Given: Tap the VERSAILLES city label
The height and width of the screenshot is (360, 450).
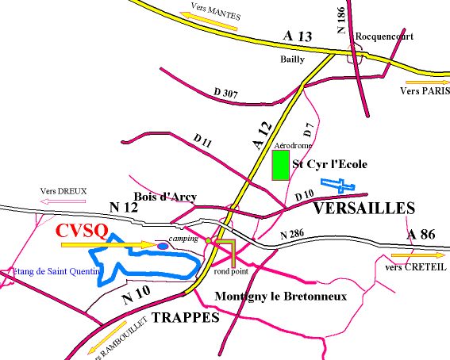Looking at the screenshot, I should click(363, 209).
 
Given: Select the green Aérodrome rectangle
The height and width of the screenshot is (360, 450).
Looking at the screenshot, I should click(280, 166).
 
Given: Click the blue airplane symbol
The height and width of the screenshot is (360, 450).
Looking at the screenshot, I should click(339, 186).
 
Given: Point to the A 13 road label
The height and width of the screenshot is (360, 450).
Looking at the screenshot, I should click(299, 36).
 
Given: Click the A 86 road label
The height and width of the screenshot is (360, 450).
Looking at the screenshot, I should click(422, 235).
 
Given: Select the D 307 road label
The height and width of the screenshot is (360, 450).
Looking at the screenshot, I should click(227, 94).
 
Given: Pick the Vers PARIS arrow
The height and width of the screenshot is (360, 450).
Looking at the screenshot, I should click(426, 82).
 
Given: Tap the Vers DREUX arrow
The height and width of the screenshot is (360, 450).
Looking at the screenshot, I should click(63, 201).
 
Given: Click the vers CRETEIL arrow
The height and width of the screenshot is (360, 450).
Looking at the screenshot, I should click(417, 256).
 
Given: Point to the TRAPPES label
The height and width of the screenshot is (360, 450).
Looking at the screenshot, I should click(184, 318).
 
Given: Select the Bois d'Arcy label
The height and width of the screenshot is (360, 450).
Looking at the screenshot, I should click(167, 197).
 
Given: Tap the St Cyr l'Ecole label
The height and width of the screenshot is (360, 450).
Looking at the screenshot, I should click(333, 164).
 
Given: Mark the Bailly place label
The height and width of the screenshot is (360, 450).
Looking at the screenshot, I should click(291, 59).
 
